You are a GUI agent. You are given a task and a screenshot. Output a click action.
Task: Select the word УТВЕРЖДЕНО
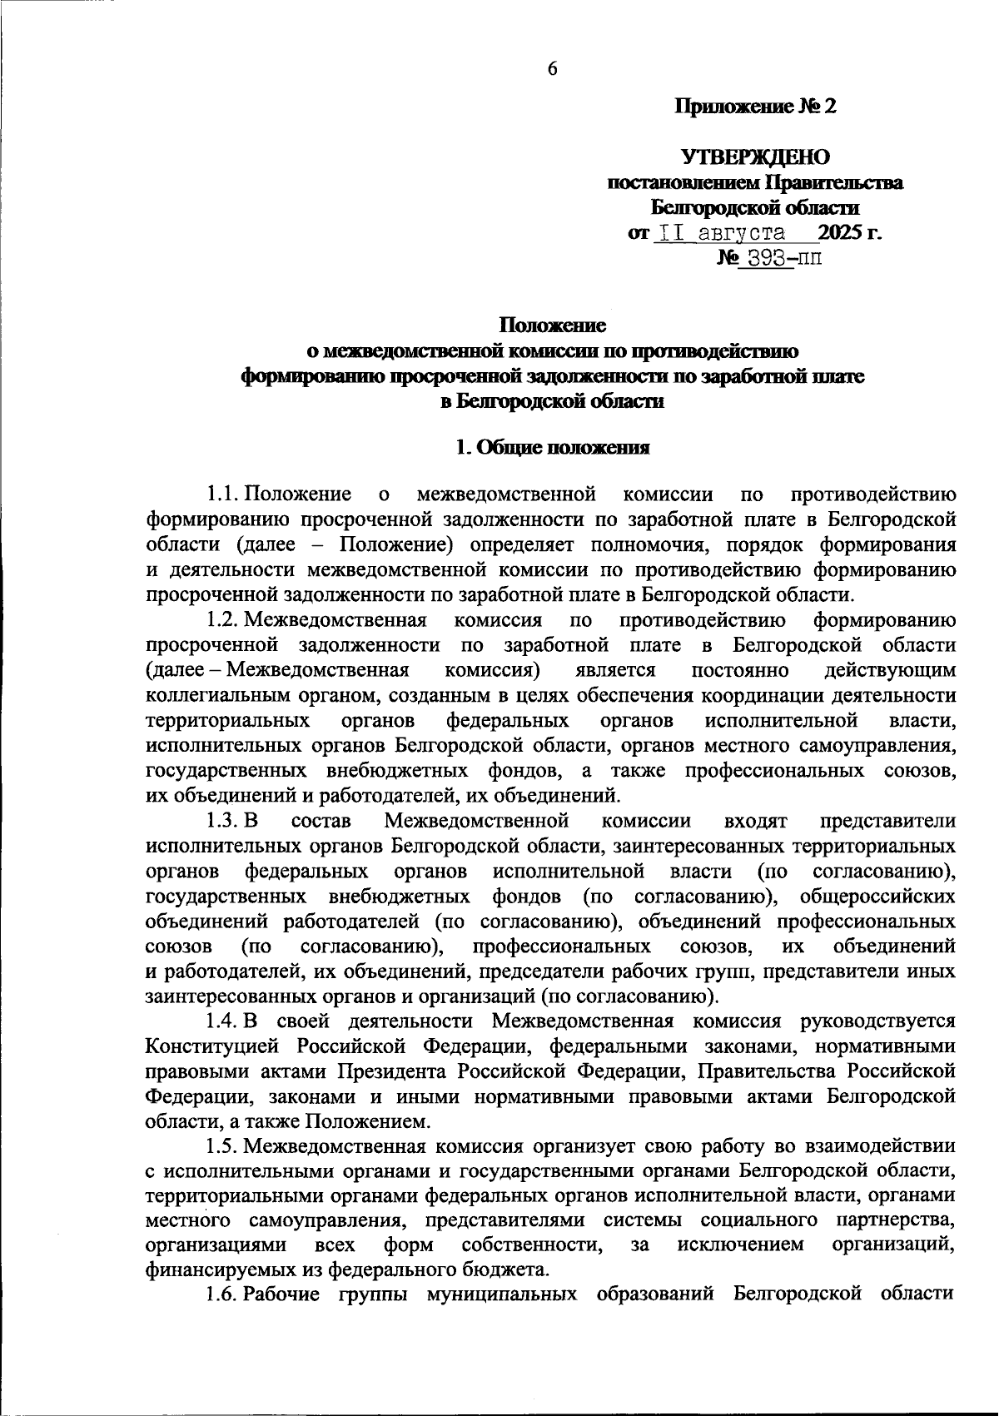coord(756,157)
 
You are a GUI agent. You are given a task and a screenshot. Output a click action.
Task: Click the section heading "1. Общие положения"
coord(552,448)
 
